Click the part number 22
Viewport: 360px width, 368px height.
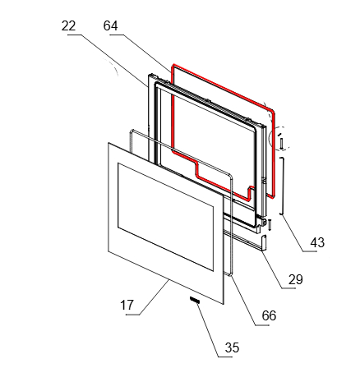coord(68,26)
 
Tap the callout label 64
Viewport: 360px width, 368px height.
coord(111,26)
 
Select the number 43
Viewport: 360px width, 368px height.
coord(317,242)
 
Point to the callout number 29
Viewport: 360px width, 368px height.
coord(296,280)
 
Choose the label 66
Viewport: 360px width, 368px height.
coord(269,315)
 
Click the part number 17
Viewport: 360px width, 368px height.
coord(127,305)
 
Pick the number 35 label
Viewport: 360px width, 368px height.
coord(232,347)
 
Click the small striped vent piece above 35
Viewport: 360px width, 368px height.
coord(195,300)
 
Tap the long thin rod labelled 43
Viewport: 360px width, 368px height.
coord(282,186)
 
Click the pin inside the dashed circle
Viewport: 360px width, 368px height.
coord(281,144)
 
